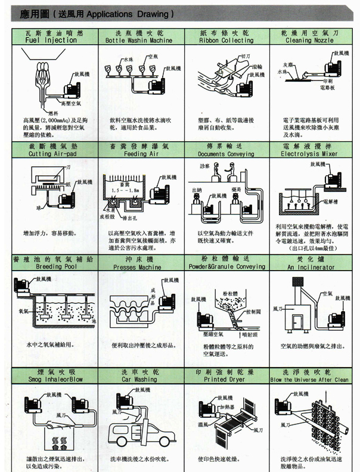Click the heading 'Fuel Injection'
click(x=52, y=41)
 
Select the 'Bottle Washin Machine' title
click(x=138, y=41)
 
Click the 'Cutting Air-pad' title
click(x=52, y=154)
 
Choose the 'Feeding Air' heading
click(x=138, y=154)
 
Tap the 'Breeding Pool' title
click(x=52, y=268)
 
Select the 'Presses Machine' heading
click(x=138, y=268)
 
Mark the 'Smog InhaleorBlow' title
click(x=52, y=378)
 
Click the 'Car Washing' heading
click(x=138, y=378)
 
